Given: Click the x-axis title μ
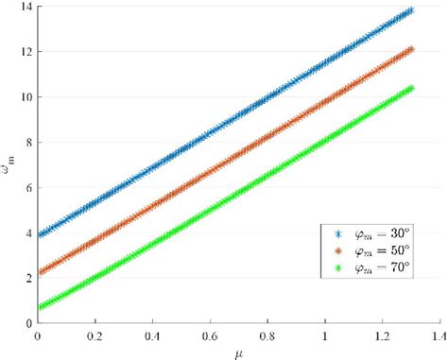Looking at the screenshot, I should click(x=239, y=351).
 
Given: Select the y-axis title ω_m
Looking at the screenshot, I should click(x=9, y=166).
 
